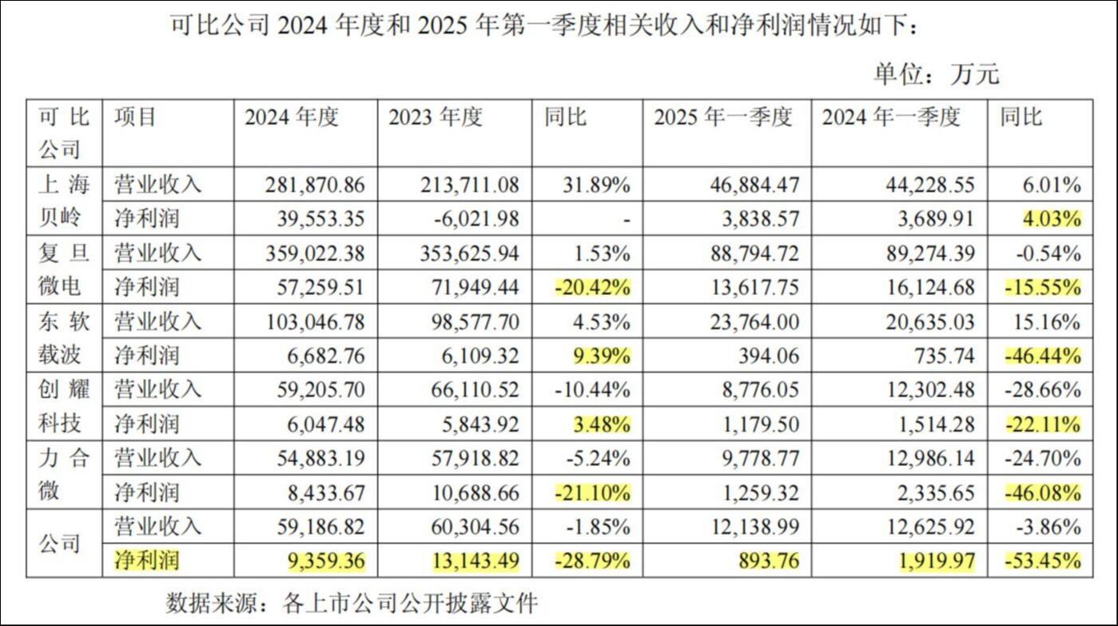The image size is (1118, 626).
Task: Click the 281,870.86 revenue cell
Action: pos(315,185)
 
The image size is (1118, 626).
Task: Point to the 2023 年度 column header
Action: pos(436,118)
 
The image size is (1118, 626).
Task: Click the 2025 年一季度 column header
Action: pos(722,118)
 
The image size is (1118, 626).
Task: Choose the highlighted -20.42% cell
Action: pos(591,287)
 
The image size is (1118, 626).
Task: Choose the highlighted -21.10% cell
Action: pos(591,492)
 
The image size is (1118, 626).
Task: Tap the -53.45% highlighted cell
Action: pos(1041,560)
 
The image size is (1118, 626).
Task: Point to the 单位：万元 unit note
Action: pos(936,74)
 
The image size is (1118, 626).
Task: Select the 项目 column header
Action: pos(136,118)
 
